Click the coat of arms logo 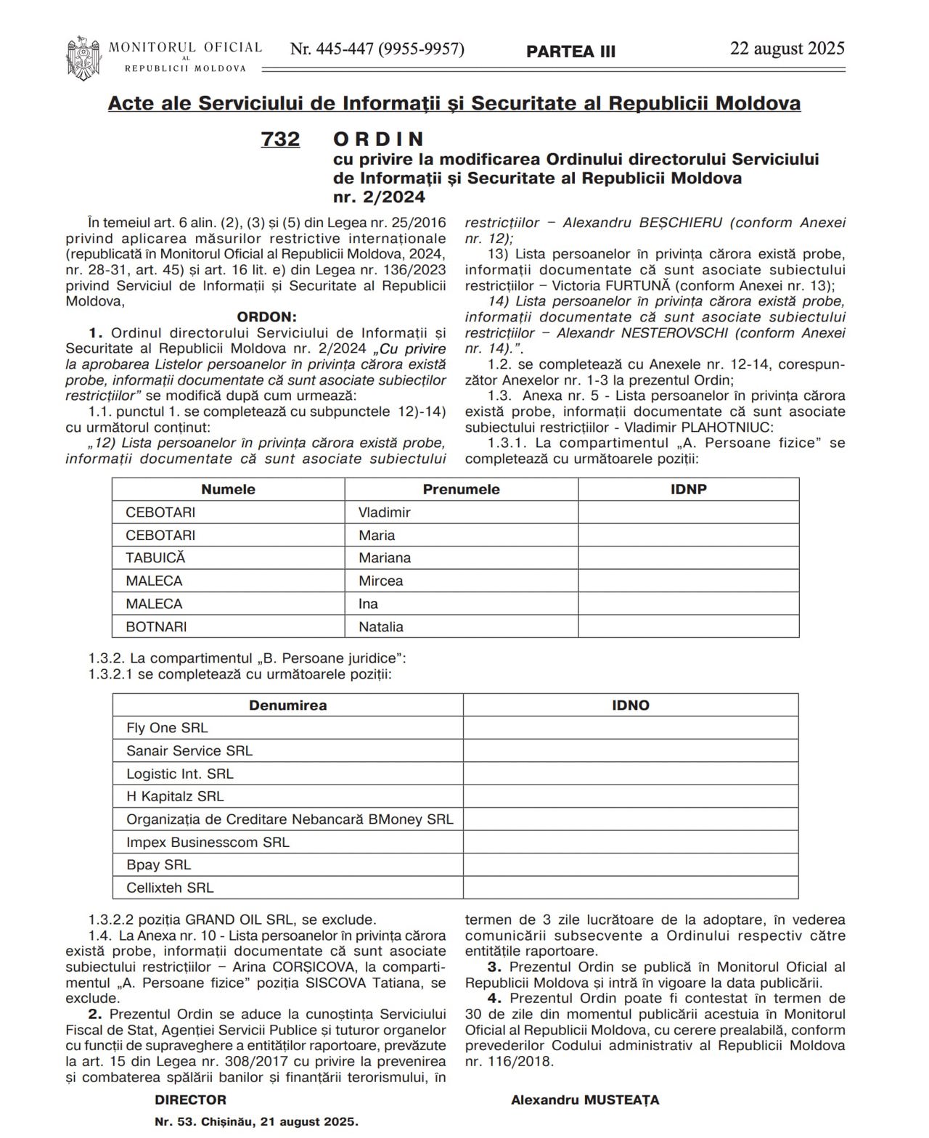pos(83,57)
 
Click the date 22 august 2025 pos(787,49)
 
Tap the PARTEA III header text pos(570,52)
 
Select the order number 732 pos(280,139)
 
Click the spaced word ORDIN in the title pos(378,139)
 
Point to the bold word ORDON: pos(266,317)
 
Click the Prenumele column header pos(461,489)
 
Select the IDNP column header pos(688,489)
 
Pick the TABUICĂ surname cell pos(155,558)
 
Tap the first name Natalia pos(380,626)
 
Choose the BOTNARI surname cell pos(156,626)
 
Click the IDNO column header pos(630,705)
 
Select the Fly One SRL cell pos(167,728)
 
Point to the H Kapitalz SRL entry pos(175,796)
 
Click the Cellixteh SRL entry pos(170,888)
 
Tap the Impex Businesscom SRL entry pos(208,842)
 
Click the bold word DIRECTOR pos(190,1100)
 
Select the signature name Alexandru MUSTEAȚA pos(585,1100)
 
